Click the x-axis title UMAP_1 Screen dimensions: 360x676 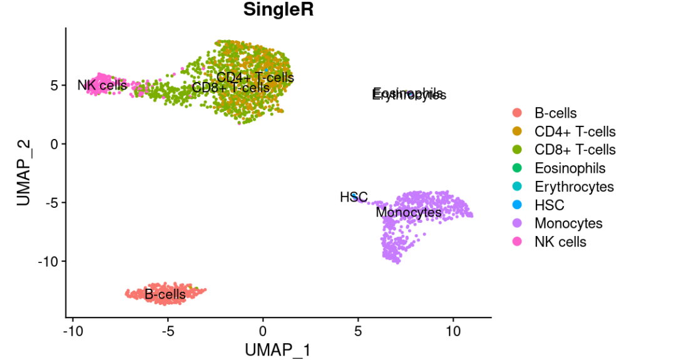(x=277, y=349)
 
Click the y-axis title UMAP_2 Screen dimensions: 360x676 (x=24, y=173)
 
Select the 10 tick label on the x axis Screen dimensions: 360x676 (x=453, y=330)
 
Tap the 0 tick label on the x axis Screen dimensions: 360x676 (x=263, y=330)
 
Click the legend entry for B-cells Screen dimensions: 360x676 (x=555, y=113)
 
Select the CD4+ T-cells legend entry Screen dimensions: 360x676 (x=575, y=131)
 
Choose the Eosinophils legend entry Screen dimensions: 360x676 (x=570, y=168)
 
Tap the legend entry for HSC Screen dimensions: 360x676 (x=549, y=205)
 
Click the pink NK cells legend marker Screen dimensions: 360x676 (x=517, y=242)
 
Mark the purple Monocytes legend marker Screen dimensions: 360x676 (x=517, y=223)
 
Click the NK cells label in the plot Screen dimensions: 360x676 (x=102, y=85)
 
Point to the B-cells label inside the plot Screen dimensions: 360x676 (x=165, y=294)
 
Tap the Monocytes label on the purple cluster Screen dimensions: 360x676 (x=409, y=213)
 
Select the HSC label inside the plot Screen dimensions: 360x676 (x=353, y=197)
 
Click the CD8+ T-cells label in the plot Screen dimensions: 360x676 (x=230, y=88)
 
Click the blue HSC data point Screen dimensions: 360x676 (x=355, y=197)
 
